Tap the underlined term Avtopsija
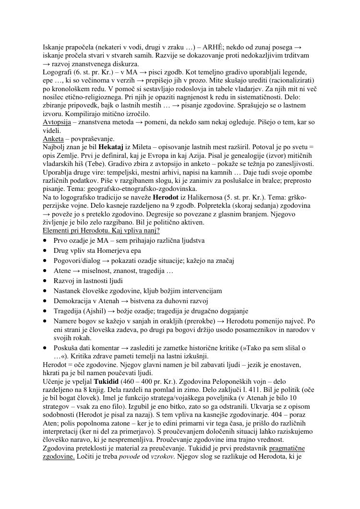(x=57, y=122)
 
